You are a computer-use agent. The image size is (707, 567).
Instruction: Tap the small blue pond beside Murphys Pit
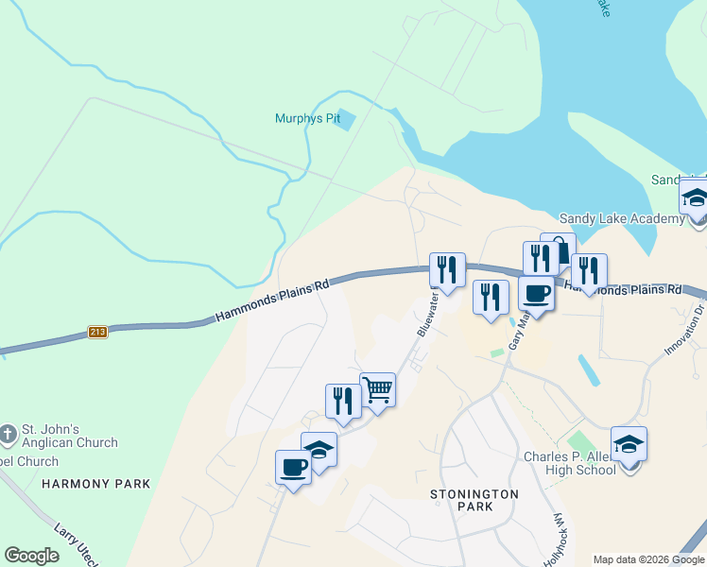(x=346, y=120)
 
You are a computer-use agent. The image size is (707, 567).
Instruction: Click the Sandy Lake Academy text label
(x=622, y=219)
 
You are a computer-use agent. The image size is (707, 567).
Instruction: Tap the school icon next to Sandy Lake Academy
(x=695, y=200)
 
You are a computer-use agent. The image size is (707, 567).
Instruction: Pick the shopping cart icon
(x=377, y=388)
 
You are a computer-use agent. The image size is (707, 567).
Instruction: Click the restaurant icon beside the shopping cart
(x=343, y=401)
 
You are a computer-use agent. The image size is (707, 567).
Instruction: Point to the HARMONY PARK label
(x=95, y=483)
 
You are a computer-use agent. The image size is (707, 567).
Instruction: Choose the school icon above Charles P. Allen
(x=629, y=443)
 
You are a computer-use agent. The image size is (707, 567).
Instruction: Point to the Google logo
(x=32, y=556)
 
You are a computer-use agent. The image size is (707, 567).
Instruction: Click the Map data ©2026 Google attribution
(x=648, y=559)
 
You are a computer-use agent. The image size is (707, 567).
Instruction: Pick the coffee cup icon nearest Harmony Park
(x=293, y=467)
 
